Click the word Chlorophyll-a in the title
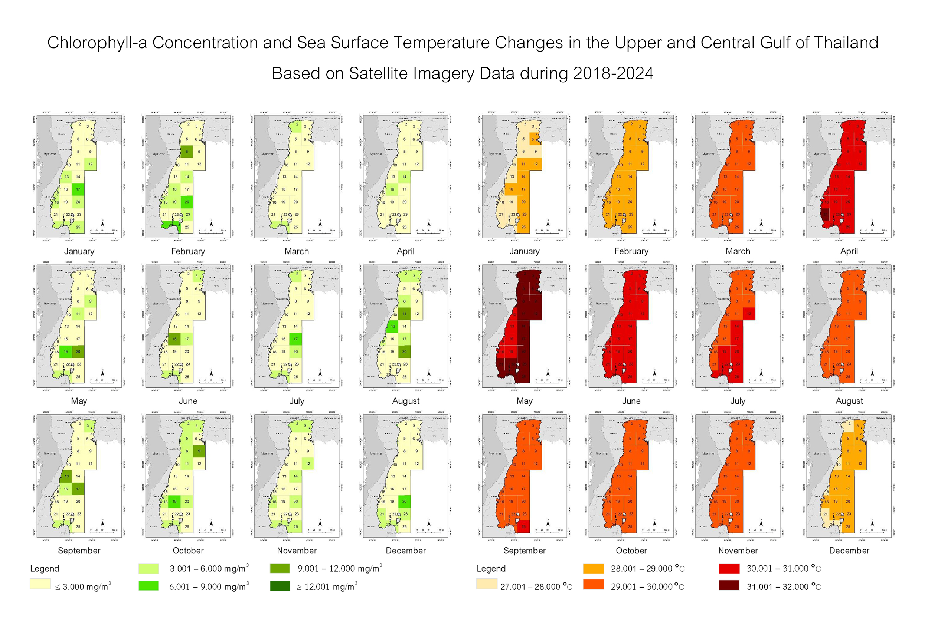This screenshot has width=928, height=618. [x=97, y=43]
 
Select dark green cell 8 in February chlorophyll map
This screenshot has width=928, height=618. [x=187, y=152]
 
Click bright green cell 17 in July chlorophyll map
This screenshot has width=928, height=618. [x=295, y=339]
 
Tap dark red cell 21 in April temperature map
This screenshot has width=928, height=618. [x=825, y=214]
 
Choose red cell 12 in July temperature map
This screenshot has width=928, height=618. [x=749, y=314]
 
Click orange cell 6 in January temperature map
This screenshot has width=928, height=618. [x=533, y=139]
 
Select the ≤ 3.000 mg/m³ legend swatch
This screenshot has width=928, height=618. [x=40, y=584]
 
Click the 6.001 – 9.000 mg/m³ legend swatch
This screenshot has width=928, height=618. [x=148, y=586]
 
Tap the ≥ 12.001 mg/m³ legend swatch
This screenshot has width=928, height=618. [x=280, y=586]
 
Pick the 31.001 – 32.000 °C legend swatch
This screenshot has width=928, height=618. [x=729, y=586]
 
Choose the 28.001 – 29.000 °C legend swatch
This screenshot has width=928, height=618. [x=593, y=568]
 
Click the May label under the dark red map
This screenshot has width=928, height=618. [x=525, y=401]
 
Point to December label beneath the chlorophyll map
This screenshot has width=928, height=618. [x=406, y=551]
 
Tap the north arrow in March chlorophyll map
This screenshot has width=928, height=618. [x=320, y=224]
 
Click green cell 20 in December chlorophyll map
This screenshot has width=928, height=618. [x=404, y=502]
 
